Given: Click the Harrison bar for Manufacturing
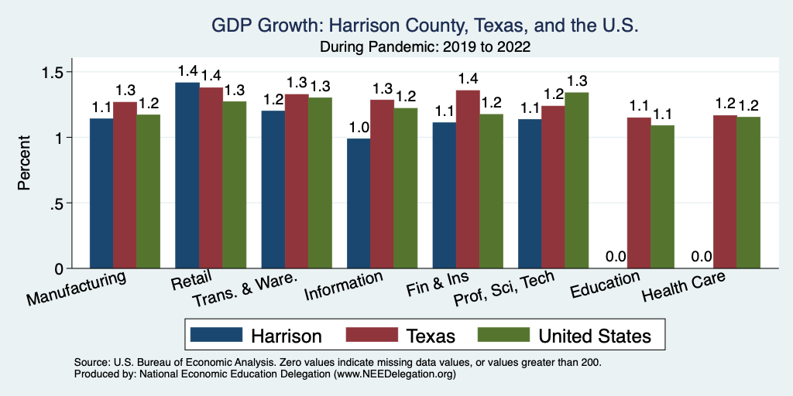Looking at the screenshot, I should (101, 193).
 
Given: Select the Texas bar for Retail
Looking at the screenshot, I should (211, 178).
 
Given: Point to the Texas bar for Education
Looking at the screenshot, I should (639, 193).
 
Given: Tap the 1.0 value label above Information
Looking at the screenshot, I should (359, 127).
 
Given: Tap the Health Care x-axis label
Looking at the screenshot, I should (685, 292).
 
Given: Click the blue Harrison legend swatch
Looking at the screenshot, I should (213, 336).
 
